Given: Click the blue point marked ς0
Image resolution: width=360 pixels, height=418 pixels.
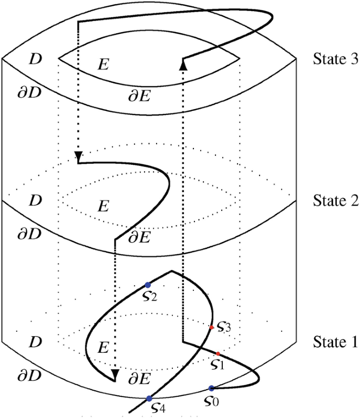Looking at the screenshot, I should [211, 389].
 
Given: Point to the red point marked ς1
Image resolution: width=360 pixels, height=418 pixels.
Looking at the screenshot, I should [218, 353].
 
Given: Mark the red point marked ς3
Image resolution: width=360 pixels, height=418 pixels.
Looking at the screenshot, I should [212, 327].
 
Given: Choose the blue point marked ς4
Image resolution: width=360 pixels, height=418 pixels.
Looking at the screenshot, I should [149, 399].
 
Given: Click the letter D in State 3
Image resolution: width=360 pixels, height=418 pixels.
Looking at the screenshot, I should [35, 59].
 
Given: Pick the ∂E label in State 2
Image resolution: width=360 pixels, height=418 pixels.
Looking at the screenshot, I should [139, 237].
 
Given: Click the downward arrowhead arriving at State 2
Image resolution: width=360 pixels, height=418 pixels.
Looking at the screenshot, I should [78, 156].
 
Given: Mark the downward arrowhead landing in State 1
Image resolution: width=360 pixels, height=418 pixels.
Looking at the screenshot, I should [115, 374].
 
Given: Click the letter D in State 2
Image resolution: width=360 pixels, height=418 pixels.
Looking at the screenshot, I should [35, 200].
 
